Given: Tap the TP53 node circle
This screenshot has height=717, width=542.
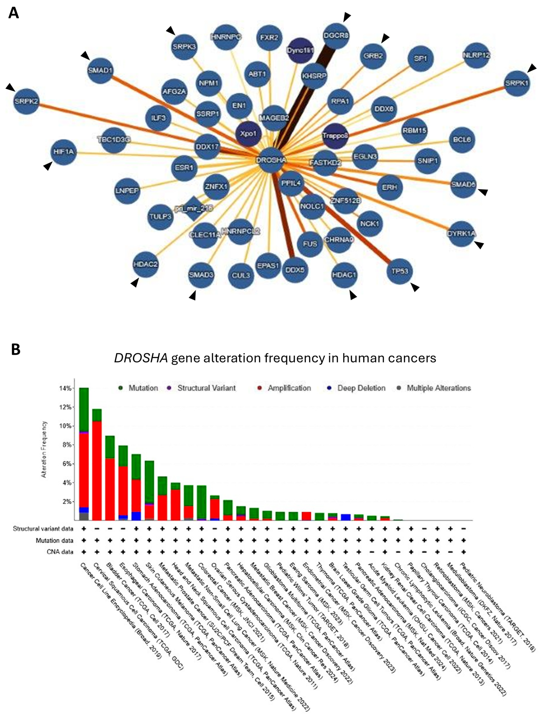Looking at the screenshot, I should point(400,271).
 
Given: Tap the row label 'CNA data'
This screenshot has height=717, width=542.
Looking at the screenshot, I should point(60,552).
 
